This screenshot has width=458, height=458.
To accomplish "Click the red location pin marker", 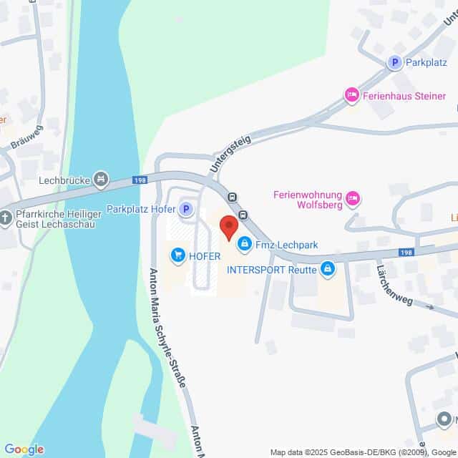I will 228,227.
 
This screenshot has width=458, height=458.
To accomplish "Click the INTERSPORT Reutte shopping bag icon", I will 328,269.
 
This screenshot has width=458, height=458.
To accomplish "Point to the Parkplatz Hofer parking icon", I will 186,209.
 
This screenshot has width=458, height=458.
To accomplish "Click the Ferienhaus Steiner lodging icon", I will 351,94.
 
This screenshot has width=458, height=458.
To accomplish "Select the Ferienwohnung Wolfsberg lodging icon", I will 352,198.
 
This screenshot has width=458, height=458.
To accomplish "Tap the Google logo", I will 24,449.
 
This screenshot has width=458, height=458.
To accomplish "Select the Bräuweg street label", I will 27,136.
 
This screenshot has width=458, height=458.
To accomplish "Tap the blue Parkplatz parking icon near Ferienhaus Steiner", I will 393,63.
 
